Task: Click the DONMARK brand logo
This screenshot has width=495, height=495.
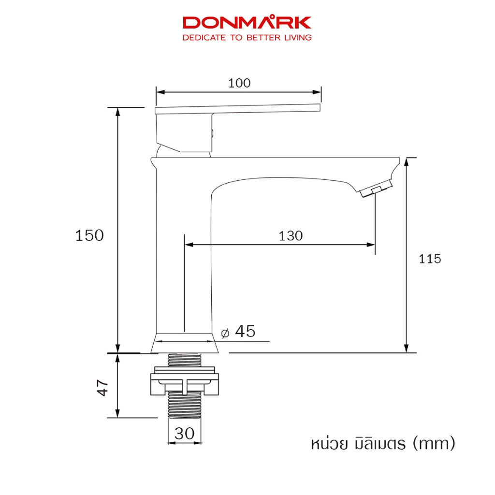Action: point(247,23)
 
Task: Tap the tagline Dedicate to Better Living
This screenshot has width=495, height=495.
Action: point(247,38)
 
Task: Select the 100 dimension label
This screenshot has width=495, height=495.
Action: point(239,83)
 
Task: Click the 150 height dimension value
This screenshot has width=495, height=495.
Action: point(89,235)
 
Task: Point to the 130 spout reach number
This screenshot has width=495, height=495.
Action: point(291,236)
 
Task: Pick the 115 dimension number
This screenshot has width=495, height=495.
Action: point(430,259)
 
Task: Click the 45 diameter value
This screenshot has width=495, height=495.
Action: point(245,331)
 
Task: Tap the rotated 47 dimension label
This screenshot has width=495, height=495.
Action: point(102,388)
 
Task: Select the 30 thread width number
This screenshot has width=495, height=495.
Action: point(184,434)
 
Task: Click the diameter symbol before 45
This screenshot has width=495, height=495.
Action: point(225,333)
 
